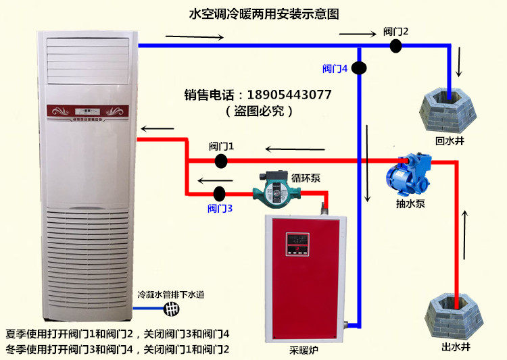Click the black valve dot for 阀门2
[396, 45]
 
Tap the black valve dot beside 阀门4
[359, 68]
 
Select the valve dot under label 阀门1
[221, 160]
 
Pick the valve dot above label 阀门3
[219, 192]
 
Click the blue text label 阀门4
[335, 68]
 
